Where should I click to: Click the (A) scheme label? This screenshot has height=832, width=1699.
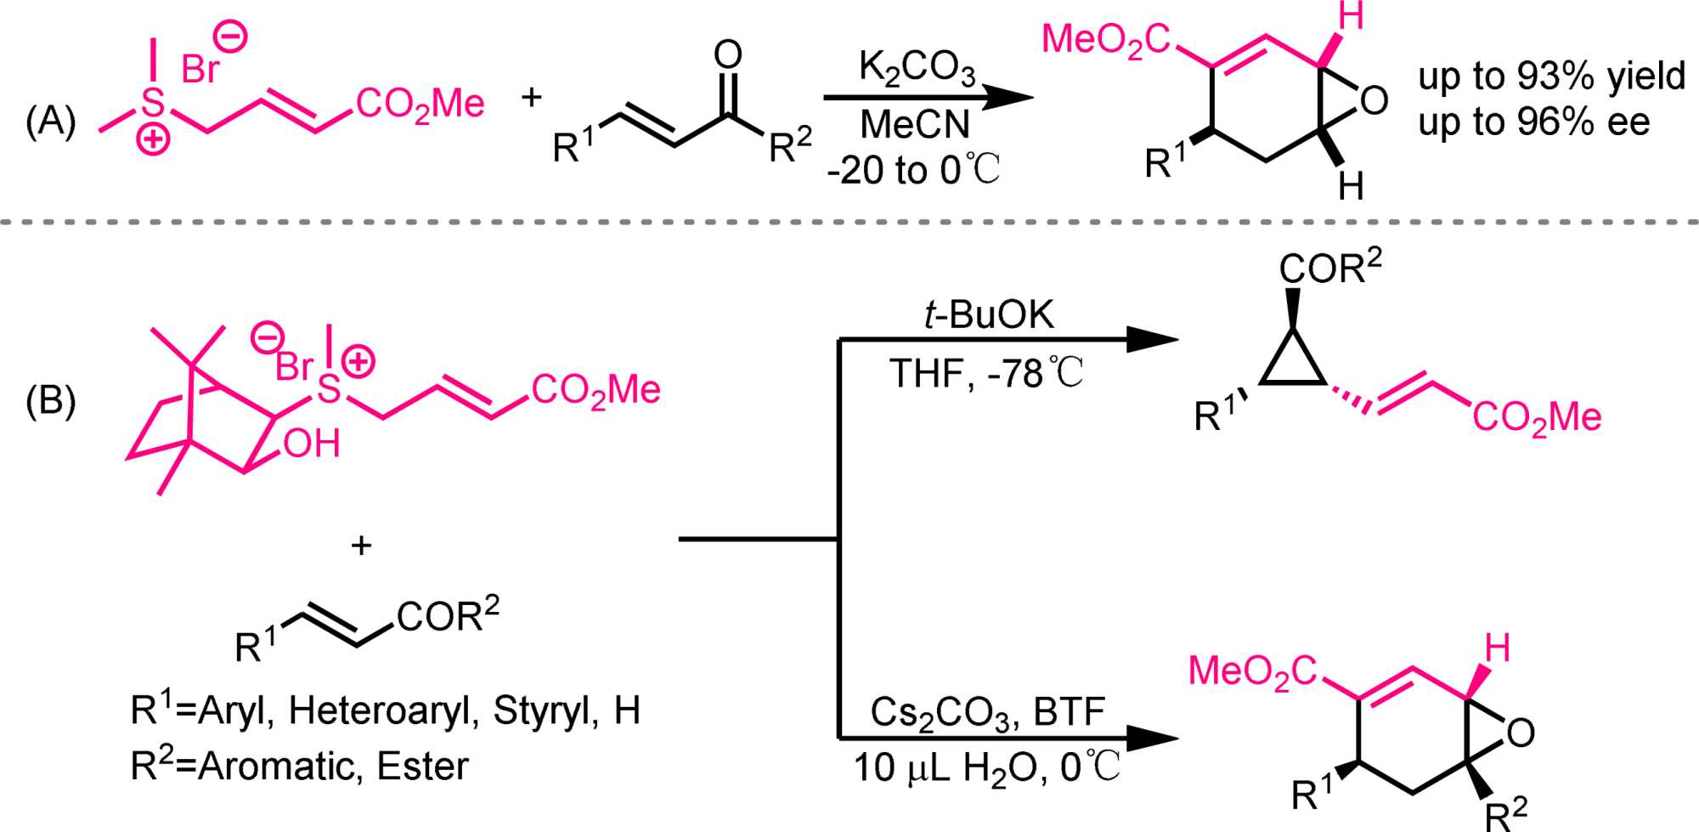50,122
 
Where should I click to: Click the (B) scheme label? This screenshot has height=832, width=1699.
50,399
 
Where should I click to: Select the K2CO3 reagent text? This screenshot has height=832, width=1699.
917,68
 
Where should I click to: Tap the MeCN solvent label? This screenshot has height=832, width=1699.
915,125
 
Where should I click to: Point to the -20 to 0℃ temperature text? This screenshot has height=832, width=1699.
913,170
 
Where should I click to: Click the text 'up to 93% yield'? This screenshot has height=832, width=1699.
1551,76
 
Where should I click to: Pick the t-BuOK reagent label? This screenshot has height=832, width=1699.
989,315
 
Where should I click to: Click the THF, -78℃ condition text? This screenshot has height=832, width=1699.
986,373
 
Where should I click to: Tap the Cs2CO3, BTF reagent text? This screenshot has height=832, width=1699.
987,712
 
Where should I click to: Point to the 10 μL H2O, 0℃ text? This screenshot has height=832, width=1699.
986,767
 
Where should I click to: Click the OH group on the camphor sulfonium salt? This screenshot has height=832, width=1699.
312,444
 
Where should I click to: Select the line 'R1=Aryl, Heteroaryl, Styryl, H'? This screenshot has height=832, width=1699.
385,710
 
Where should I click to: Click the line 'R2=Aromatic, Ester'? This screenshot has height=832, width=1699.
299,766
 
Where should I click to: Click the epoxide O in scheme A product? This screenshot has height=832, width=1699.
1374,100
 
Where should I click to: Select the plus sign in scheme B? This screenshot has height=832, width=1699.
361,545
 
